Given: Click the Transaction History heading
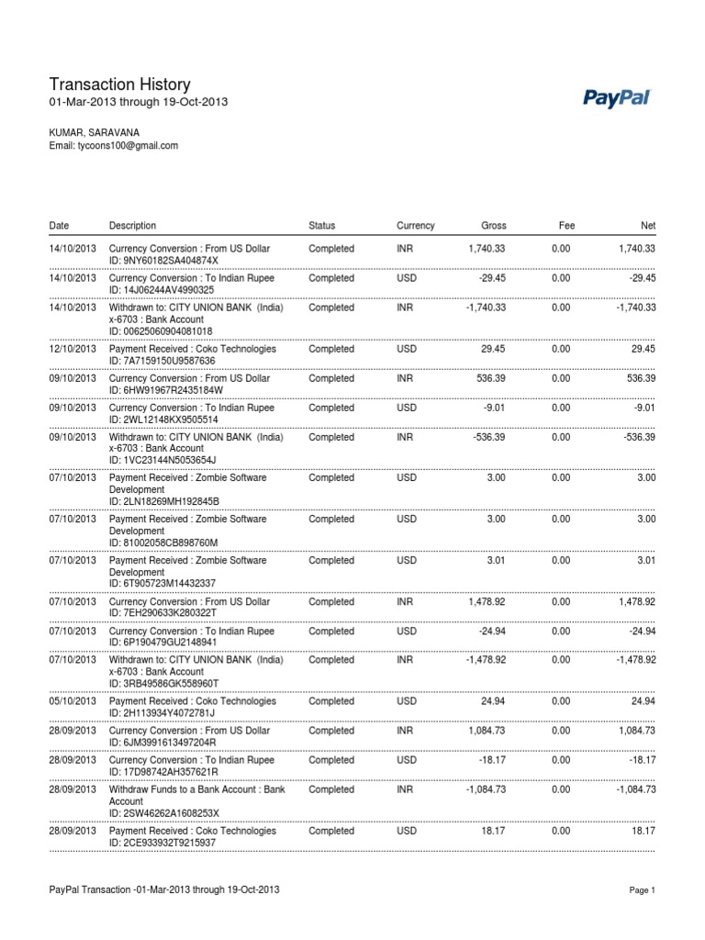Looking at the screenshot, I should click(x=119, y=84).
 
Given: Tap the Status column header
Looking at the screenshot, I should click(x=322, y=226).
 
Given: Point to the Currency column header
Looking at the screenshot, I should click(x=415, y=226).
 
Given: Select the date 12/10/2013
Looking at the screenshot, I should click(x=72, y=349).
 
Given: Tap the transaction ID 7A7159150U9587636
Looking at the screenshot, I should click(x=165, y=361).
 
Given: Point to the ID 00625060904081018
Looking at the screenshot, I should click(x=161, y=331).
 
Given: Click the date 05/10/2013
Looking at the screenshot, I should click(x=72, y=701).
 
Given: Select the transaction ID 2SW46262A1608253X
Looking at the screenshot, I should click(x=164, y=813).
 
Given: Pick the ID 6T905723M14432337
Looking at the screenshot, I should click(x=162, y=583).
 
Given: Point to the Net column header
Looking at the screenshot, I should click(x=647, y=226).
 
